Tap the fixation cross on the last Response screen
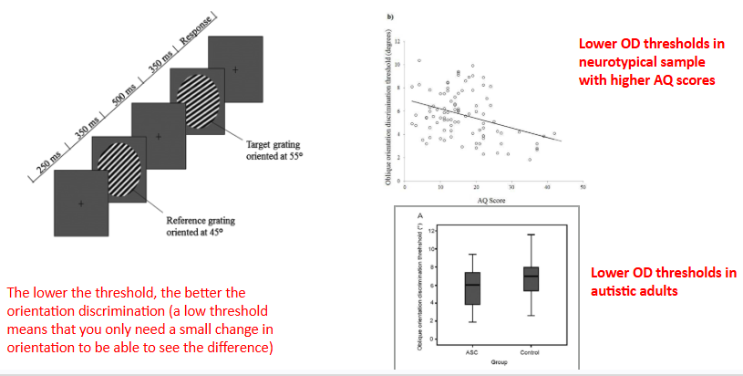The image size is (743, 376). click(235, 69)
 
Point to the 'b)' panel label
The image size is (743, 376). click(391, 16)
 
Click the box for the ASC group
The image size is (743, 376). click(471, 288)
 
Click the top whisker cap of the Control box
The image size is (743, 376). click(530, 235)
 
